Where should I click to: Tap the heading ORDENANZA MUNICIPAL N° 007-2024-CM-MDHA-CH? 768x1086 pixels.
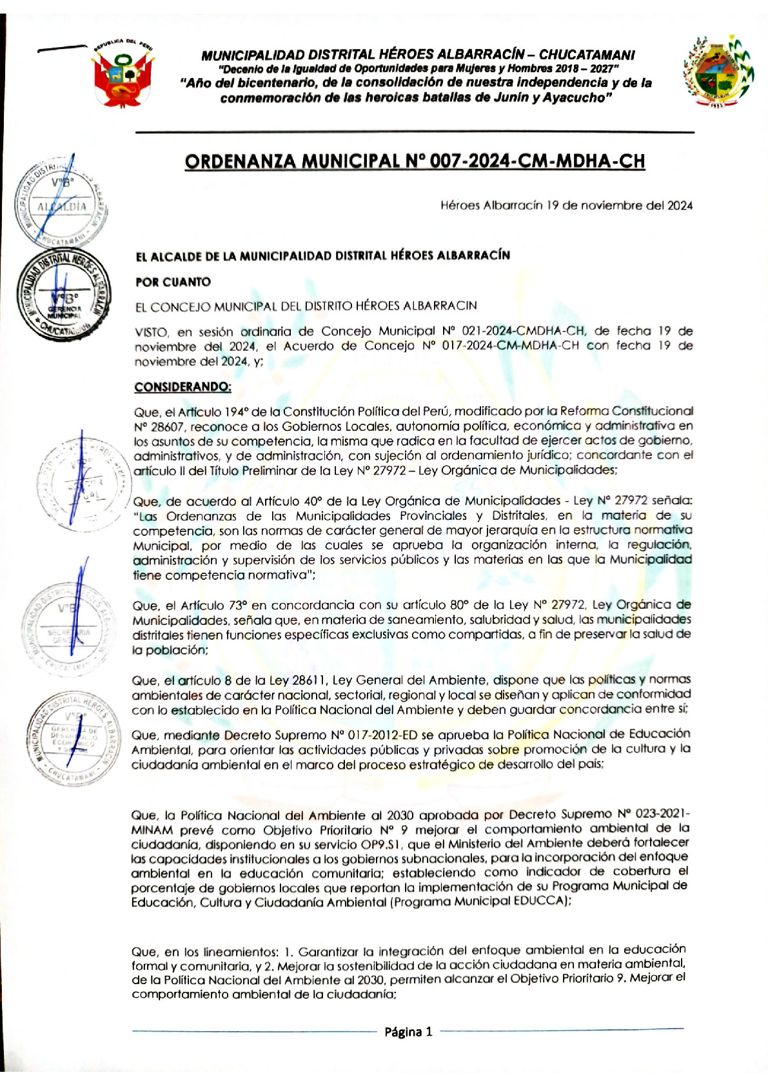pyautogui.click(x=414, y=161)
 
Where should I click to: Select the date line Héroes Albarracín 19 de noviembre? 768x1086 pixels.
pyautogui.click(x=566, y=206)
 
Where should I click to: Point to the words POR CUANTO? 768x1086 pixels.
pyautogui.click(x=173, y=282)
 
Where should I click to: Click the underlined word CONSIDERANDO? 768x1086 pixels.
pyautogui.click(x=182, y=387)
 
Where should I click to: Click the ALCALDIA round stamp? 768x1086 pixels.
pyautogui.click(x=61, y=201)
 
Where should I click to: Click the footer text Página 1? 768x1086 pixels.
pyautogui.click(x=408, y=1032)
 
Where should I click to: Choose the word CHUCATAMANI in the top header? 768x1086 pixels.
pyautogui.click(x=587, y=55)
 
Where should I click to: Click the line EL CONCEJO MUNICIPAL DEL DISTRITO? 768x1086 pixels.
pyautogui.click(x=306, y=306)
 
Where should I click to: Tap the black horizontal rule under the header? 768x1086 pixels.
pyautogui.click(x=414, y=132)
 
